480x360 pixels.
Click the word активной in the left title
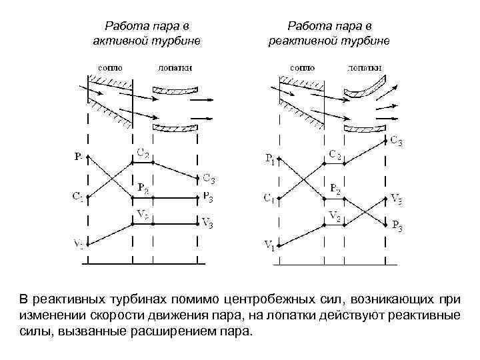click(121, 41)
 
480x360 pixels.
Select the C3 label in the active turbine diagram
click(209, 178)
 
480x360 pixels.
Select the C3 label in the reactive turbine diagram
click(396, 141)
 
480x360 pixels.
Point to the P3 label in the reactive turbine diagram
click(397, 226)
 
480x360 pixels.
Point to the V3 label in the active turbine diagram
click(207, 223)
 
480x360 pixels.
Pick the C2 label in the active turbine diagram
click(143, 155)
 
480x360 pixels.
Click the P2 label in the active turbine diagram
click(143, 187)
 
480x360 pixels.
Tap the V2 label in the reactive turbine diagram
click(335, 216)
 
